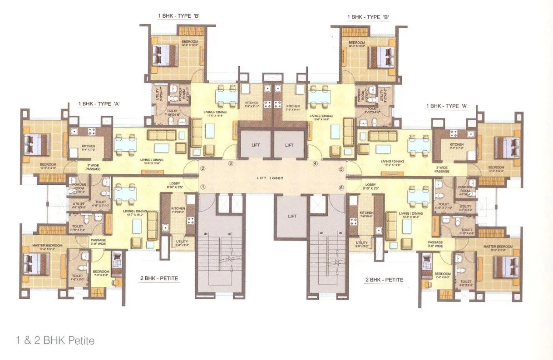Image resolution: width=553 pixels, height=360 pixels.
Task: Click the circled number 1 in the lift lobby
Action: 203,186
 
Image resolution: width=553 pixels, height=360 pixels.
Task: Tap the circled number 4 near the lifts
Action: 315,163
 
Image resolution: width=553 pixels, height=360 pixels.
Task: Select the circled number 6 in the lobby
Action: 341,187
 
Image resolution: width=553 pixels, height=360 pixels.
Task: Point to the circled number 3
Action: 231,163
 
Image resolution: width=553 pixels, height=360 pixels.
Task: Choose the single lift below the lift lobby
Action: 292,216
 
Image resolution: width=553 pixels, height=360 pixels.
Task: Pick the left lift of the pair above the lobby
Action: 255,145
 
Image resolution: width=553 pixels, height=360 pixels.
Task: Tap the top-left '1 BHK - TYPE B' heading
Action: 179,16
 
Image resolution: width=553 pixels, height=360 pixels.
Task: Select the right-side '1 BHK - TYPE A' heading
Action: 447,106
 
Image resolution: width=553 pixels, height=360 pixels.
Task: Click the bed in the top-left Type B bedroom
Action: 161,55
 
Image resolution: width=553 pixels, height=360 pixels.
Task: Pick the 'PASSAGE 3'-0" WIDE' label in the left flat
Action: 98,242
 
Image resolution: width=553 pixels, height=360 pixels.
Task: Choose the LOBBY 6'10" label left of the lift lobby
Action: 173,185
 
